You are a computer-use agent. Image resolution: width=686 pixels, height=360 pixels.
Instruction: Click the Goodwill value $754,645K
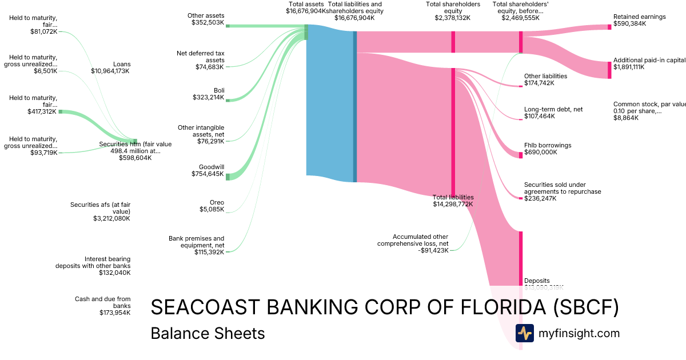(x=208, y=174)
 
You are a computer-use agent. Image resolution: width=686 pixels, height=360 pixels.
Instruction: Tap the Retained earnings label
(x=639, y=17)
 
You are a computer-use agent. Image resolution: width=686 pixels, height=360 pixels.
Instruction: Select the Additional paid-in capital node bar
(x=609, y=70)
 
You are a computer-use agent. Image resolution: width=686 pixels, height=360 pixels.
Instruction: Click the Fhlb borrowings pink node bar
(x=520, y=154)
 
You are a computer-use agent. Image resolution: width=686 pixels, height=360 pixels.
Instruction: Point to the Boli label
(x=219, y=90)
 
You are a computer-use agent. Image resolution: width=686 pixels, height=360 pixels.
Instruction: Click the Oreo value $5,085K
(x=212, y=210)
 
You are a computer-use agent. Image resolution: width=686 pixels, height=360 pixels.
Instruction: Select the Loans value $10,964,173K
(x=110, y=71)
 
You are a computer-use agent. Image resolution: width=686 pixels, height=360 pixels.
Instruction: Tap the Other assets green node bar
(x=227, y=26)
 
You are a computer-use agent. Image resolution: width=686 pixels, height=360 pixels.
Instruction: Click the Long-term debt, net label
(x=553, y=109)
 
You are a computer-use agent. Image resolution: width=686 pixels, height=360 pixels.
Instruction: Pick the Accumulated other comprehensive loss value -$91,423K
(x=432, y=250)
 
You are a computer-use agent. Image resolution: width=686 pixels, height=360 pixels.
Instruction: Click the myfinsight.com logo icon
(x=524, y=333)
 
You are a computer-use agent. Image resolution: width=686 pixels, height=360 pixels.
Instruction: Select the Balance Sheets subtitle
(x=208, y=334)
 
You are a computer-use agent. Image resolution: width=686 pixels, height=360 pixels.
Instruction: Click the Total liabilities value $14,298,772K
(x=453, y=204)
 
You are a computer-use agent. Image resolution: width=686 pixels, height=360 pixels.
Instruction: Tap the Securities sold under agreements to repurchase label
(x=563, y=188)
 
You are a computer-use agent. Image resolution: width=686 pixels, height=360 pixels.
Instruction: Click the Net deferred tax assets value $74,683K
(x=210, y=67)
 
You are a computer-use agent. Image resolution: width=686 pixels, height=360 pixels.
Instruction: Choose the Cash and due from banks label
(x=103, y=302)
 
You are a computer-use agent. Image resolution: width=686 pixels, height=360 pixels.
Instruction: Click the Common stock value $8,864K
(x=626, y=118)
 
